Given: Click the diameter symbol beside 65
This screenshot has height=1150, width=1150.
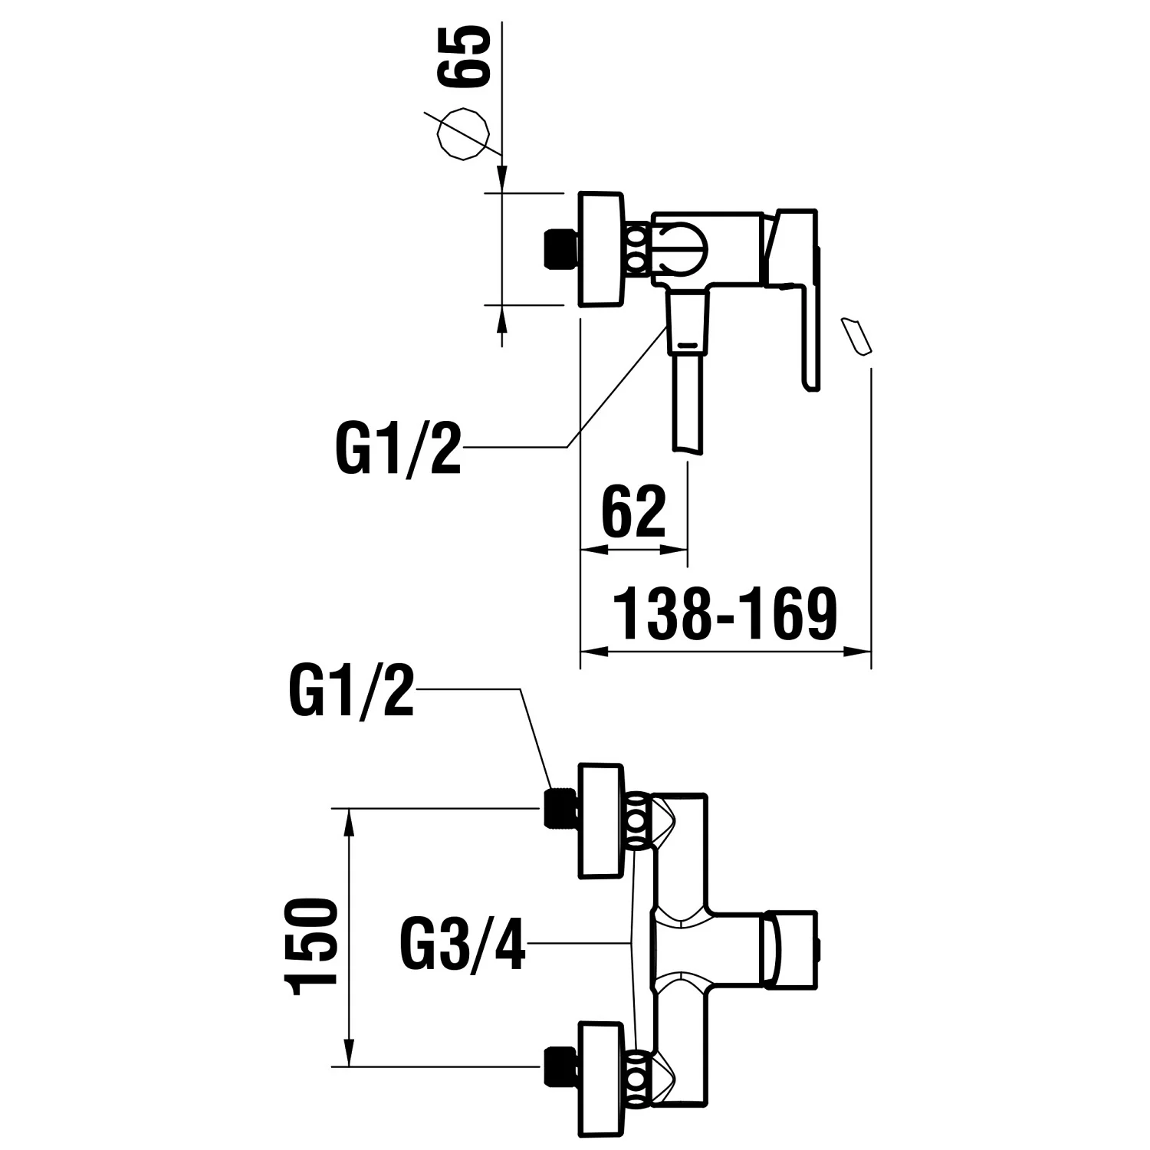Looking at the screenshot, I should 462,133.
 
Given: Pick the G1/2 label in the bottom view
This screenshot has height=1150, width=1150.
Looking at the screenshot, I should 352,690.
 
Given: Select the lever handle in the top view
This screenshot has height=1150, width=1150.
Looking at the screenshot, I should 801,291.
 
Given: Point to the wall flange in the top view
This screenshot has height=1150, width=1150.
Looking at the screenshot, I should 603,248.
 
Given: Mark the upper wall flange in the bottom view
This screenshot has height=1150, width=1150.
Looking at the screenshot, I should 603,821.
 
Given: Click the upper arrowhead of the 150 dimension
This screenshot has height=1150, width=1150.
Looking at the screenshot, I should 350,823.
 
